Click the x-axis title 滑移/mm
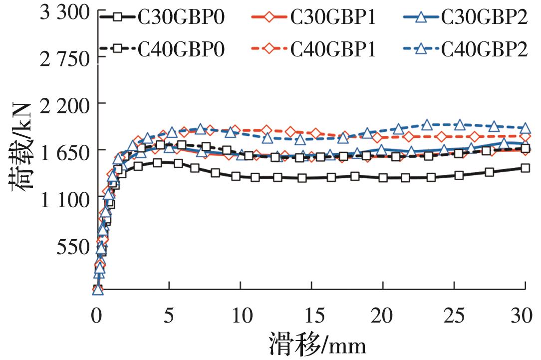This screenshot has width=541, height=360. pyautogui.click(x=316, y=344)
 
